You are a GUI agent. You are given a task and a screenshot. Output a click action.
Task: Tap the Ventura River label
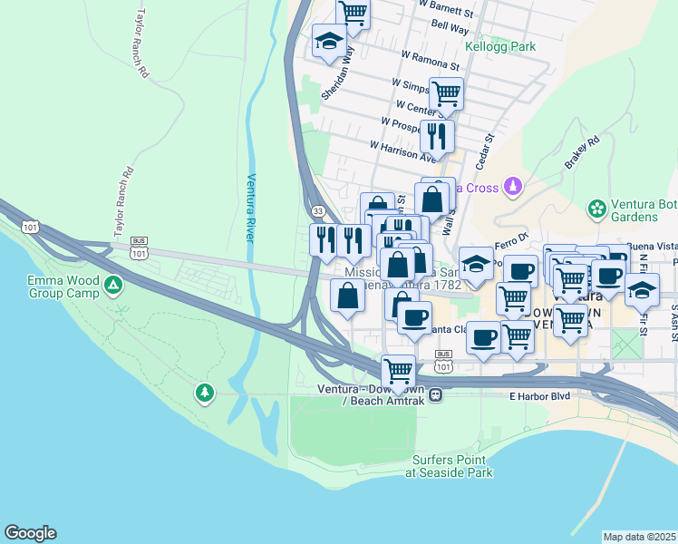(x=251, y=208)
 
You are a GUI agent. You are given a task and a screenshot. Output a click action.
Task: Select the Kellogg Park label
(x=499, y=46)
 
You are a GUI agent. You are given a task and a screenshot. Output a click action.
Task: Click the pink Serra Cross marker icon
(x=514, y=187)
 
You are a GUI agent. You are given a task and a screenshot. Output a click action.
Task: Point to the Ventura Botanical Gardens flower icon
(x=596, y=209)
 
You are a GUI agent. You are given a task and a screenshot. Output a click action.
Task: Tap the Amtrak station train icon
(x=436, y=394)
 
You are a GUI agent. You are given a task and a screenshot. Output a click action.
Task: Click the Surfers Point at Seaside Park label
(x=449, y=466)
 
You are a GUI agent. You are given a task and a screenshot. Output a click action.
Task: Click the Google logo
(x=30, y=533)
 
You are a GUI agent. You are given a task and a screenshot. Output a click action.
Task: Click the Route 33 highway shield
(x=317, y=210)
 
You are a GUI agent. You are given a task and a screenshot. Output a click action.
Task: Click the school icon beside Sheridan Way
(x=328, y=40)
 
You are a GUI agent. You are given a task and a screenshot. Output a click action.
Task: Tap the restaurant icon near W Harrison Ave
(x=438, y=135)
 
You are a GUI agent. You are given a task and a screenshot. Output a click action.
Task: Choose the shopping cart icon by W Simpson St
(x=446, y=92)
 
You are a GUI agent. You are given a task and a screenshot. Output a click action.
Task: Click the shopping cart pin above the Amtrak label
(x=398, y=370)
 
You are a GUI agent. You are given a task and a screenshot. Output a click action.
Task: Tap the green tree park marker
(x=206, y=393)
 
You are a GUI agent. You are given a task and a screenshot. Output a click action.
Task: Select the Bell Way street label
(x=450, y=29)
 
